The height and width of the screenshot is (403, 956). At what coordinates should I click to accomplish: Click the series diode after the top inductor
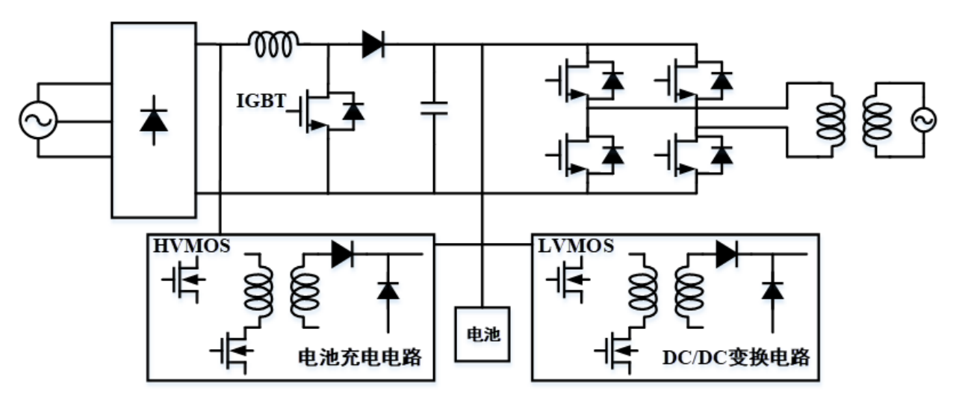(x=373, y=45)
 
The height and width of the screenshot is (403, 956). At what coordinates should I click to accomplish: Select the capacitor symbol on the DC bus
(x=434, y=108)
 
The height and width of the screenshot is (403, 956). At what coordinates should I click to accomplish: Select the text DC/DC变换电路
(x=736, y=357)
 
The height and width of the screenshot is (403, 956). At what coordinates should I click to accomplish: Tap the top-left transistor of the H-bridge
(x=571, y=80)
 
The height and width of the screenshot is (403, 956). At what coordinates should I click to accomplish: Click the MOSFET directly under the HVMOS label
(x=182, y=281)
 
